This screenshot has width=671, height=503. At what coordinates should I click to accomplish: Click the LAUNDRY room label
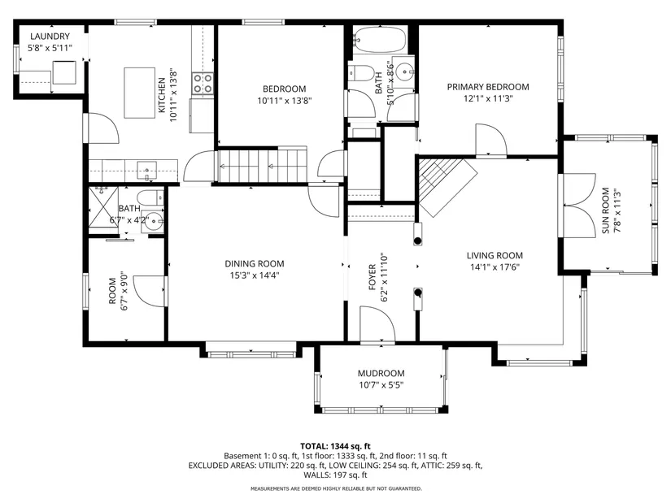tap(50, 37)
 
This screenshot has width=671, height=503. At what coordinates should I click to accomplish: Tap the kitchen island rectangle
tap(140, 93)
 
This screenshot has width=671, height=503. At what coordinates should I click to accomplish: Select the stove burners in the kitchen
tap(203, 84)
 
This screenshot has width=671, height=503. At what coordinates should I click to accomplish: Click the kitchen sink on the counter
tap(146, 171)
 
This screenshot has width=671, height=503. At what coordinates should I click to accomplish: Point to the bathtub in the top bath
tap(380, 40)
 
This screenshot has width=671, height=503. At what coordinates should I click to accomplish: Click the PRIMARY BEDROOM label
tap(488, 87)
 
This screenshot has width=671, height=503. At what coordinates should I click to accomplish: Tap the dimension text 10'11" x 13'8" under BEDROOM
tap(284, 101)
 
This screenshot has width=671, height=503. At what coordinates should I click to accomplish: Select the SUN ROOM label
tap(605, 210)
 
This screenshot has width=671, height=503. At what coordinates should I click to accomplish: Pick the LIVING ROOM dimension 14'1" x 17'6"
tap(495, 267)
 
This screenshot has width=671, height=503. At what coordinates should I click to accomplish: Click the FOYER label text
tap(373, 277)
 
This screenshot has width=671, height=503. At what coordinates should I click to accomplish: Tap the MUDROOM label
tap(381, 374)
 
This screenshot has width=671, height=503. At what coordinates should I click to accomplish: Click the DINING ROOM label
tap(255, 263)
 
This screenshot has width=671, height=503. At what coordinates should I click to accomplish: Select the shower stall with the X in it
tap(103, 207)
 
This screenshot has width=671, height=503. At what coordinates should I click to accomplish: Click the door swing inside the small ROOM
tap(150, 291)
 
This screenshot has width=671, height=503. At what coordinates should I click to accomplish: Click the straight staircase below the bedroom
tap(264, 166)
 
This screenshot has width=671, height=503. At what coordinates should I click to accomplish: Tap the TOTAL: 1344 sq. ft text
tap(335, 447)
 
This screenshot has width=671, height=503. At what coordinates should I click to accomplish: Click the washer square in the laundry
tap(64, 72)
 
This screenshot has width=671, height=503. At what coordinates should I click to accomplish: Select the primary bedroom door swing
tap(491, 140)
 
